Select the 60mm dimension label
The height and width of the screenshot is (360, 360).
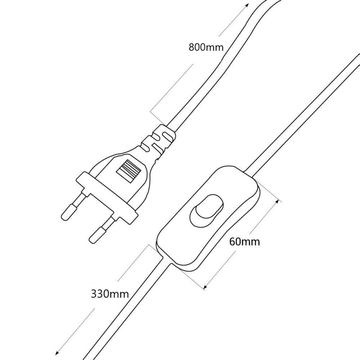coord(244,242)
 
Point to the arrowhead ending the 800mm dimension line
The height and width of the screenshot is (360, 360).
coord(246,5)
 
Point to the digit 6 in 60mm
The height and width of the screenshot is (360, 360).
coord(233,242)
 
